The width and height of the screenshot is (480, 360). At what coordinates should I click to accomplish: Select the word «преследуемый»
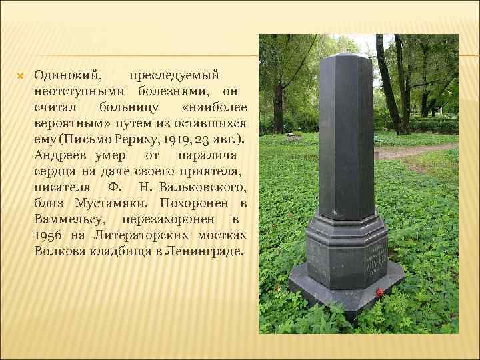[x=174, y=75]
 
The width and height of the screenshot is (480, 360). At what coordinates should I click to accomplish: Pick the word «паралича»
[x=209, y=156]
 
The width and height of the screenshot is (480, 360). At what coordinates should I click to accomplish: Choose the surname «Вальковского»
[x=203, y=188]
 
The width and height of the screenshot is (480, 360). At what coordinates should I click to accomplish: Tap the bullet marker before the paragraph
[x=20, y=75]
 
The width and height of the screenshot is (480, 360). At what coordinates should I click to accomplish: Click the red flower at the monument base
[x=379, y=292]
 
